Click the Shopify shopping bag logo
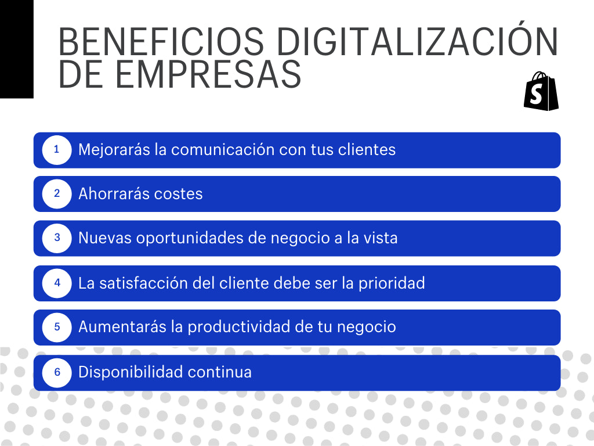pyautogui.click(x=541, y=92)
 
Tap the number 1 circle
pyautogui.click(x=57, y=150)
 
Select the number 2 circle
pyautogui.click(x=57, y=194)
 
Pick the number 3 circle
pyautogui.click(x=57, y=238)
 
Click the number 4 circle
pyautogui.click(x=57, y=283)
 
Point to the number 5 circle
pyautogui.click(x=57, y=327)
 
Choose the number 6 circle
pyautogui.click(x=57, y=372)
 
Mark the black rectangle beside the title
pyautogui.click(x=16, y=49)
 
